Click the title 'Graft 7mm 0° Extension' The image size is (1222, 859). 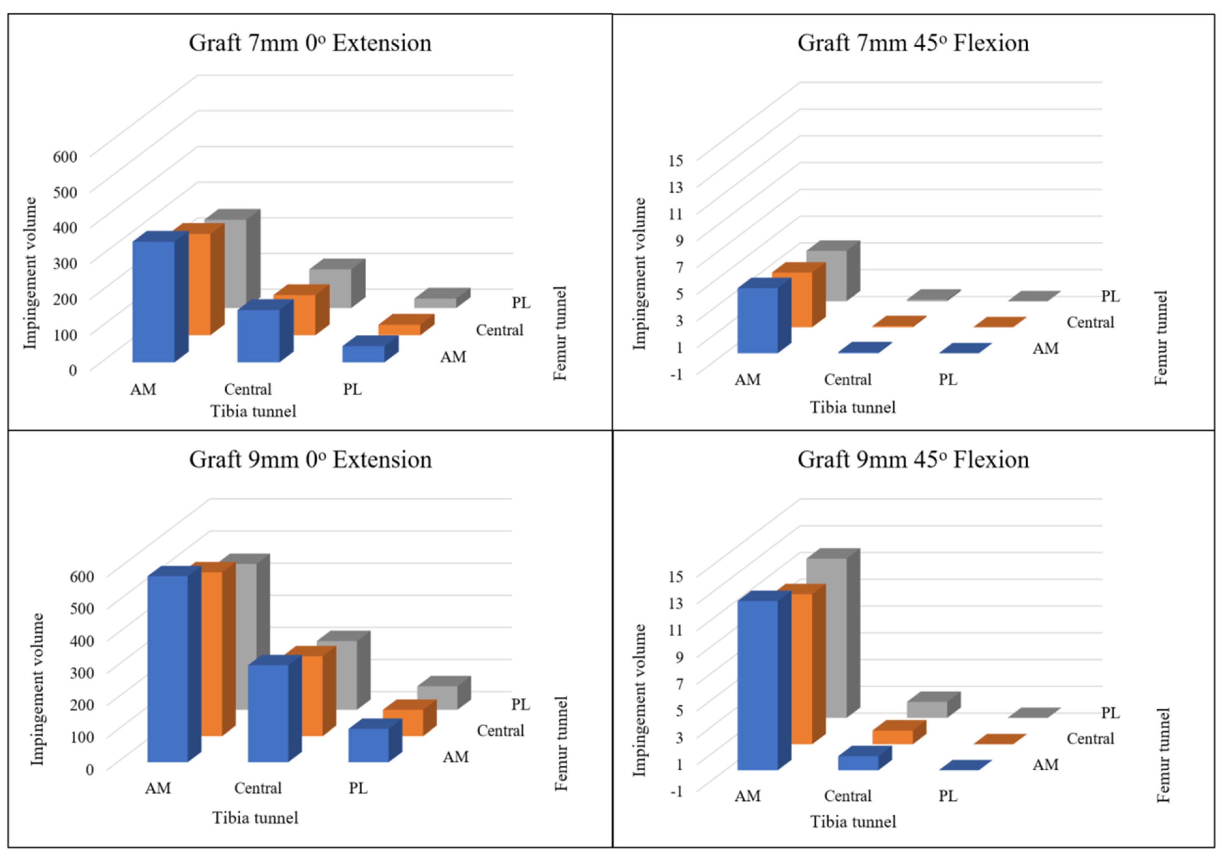tap(310, 43)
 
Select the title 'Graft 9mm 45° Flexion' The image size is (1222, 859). tap(913, 460)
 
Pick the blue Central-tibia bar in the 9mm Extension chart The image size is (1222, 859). tap(268, 713)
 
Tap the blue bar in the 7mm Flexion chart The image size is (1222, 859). tap(757, 320)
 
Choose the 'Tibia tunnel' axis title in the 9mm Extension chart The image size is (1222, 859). tap(255, 818)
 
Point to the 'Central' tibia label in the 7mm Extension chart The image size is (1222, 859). tap(248, 389)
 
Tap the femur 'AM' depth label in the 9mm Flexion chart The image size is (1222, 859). tap(1045, 765)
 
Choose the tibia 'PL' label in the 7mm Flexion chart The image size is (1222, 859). tap(947, 380)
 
